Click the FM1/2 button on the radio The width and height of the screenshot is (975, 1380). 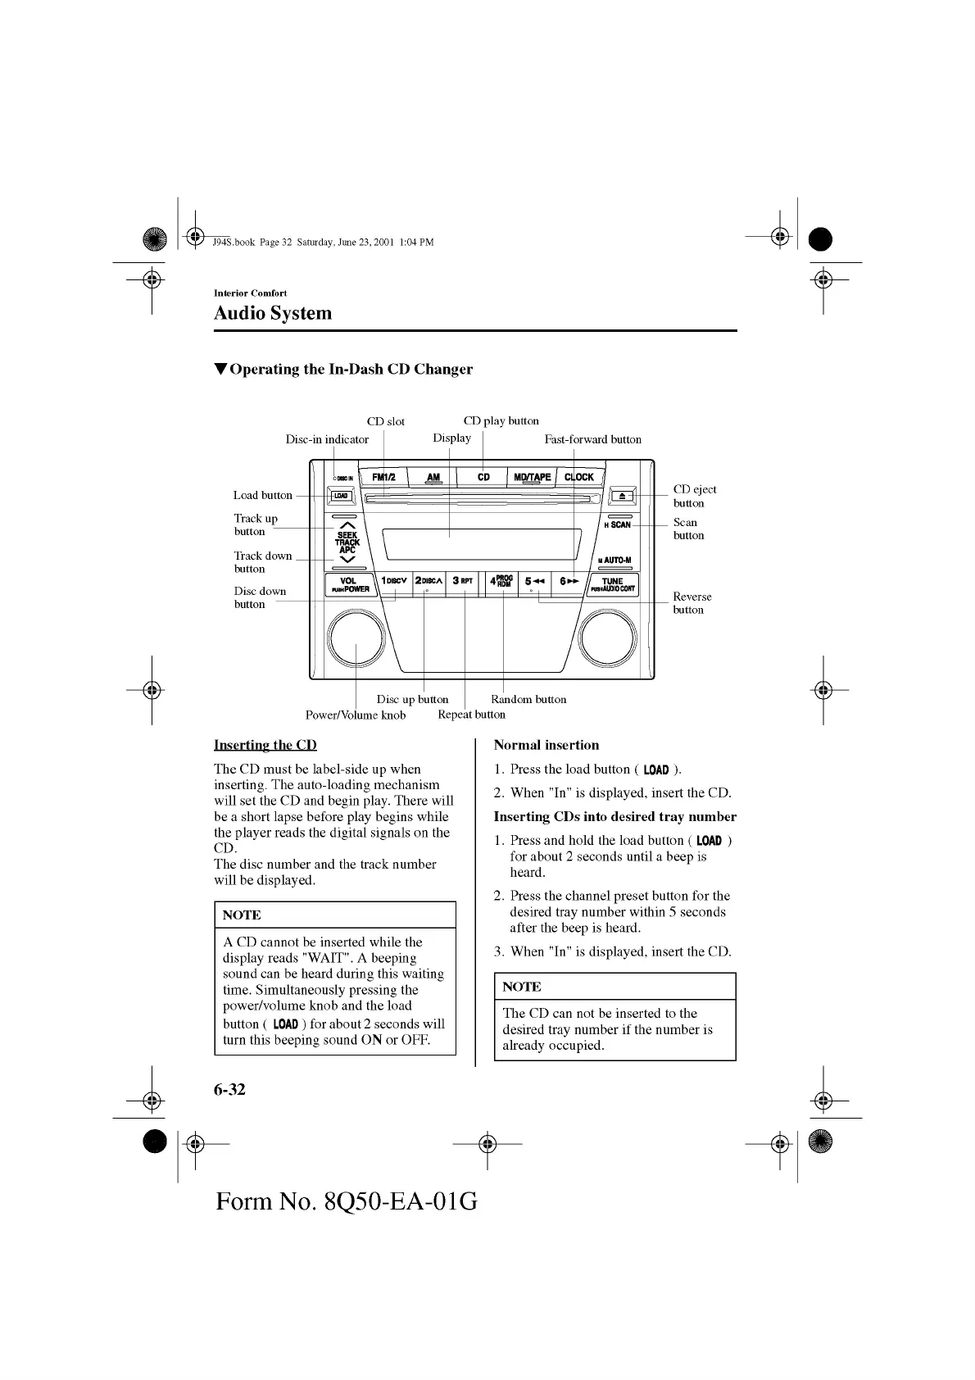383,477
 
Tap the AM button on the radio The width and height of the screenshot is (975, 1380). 433,477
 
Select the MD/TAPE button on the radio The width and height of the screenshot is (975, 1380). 532,477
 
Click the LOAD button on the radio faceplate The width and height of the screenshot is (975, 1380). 341,496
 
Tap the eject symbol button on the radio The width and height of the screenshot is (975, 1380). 623,496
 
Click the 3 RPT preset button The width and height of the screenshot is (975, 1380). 463,582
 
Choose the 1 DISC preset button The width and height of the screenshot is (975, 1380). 394,582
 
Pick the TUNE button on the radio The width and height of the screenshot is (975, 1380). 612,584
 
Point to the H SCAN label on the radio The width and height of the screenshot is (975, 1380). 618,524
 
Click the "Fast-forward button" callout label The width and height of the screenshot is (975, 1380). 592,439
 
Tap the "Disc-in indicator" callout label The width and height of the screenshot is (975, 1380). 327,439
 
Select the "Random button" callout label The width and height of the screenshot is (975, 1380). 528,699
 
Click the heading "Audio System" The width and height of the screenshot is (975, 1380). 273,313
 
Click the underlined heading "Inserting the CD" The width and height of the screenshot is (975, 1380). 265,745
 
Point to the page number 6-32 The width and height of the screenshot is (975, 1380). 229,1089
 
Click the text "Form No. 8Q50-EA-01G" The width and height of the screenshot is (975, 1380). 347,1201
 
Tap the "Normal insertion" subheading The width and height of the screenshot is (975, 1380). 546,745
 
